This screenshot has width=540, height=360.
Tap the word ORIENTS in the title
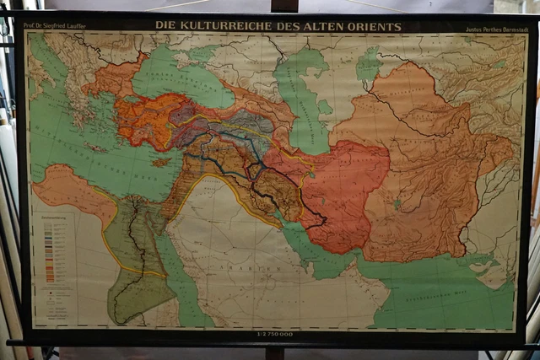376,26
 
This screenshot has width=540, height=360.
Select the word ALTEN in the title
329,26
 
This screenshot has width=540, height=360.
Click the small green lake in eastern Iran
397,203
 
